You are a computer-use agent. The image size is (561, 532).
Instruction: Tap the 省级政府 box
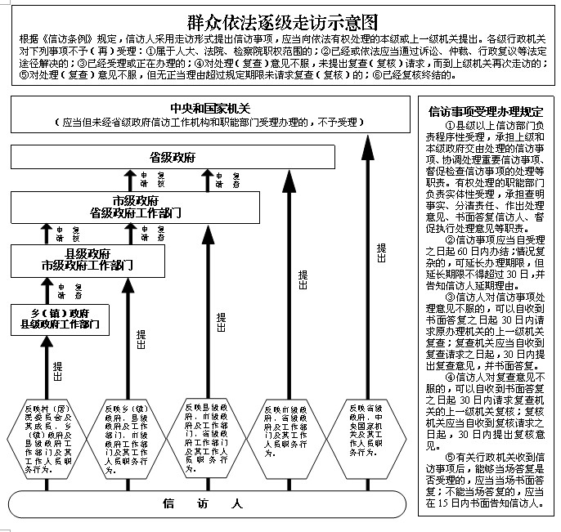pyautogui.click(x=160, y=157)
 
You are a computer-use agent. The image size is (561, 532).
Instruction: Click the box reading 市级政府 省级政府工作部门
pyautogui.click(x=147, y=207)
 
